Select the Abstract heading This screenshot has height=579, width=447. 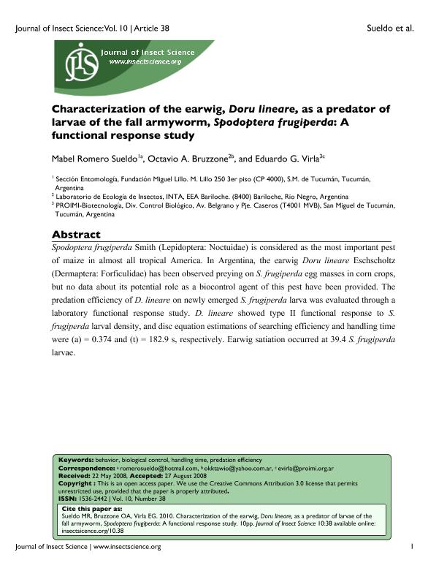[x=76, y=235]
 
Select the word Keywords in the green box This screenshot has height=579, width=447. [x=75, y=458]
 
